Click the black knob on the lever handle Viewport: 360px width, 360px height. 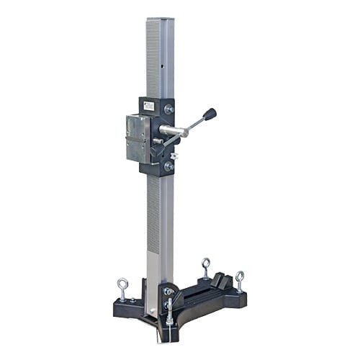click(x=210, y=114)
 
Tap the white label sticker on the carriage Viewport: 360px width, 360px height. click(x=149, y=106)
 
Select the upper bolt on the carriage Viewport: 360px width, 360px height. click(x=169, y=109)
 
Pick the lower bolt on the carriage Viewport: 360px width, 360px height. click(x=169, y=166)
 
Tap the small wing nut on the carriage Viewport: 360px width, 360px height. click(x=174, y=154)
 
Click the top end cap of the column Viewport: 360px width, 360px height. click(x=160, y=20)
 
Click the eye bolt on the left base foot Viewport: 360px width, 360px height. click(x=123, y=287)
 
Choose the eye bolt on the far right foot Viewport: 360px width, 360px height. click(x=239, y=279)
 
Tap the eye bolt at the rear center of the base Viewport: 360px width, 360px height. click(x=206, y=266)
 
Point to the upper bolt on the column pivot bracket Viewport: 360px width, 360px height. click(x=168, y=292)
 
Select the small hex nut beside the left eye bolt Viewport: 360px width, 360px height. click(x=132, y=300)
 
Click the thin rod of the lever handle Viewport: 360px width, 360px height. click(x=191, y=125)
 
